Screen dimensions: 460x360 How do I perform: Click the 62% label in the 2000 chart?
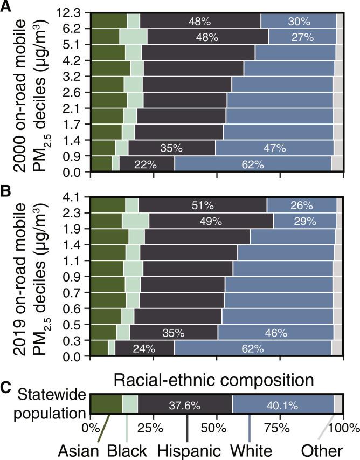(x=252, y=164)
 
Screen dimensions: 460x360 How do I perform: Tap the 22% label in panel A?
(x=146, y=164)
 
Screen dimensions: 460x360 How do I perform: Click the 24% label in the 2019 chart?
(x=144, y=348)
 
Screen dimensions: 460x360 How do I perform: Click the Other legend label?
(x=323, y=450)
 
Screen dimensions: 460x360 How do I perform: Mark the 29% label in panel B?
(x=304, y=221)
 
